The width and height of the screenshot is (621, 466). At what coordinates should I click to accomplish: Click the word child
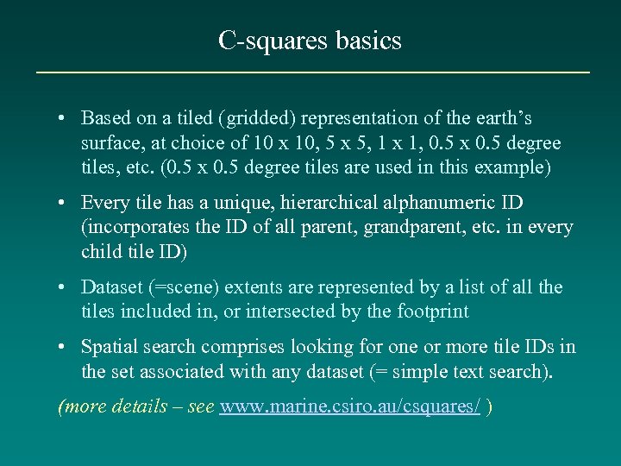pos(100,251)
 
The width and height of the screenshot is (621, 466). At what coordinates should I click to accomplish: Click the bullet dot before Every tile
pos(65,203)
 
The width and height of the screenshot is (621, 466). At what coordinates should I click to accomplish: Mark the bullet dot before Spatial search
pos(65,348)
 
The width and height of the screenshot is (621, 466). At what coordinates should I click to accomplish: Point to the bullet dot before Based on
pos(65,118)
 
